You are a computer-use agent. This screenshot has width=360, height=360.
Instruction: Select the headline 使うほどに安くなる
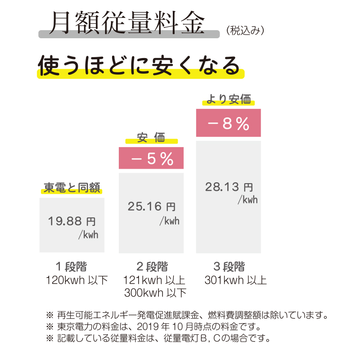[x=139, y=66]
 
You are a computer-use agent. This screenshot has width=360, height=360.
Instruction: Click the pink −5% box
[x=151, y=159]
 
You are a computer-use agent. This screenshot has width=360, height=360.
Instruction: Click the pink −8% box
[x=229, y=124]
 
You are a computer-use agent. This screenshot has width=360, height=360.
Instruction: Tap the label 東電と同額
[x=72, y=188]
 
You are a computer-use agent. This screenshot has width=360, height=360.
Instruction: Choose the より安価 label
[x=229, y=100]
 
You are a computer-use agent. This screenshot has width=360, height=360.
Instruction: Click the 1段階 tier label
[x=72, y=266]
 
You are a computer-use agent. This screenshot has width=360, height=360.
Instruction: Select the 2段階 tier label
[x=151, y=266]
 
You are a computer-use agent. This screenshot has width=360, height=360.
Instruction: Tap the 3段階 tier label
[x=229, y=266]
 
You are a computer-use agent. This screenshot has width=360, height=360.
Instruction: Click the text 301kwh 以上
[x=235, y=280]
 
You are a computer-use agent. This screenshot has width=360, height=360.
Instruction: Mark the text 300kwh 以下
[x=155, y=293]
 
